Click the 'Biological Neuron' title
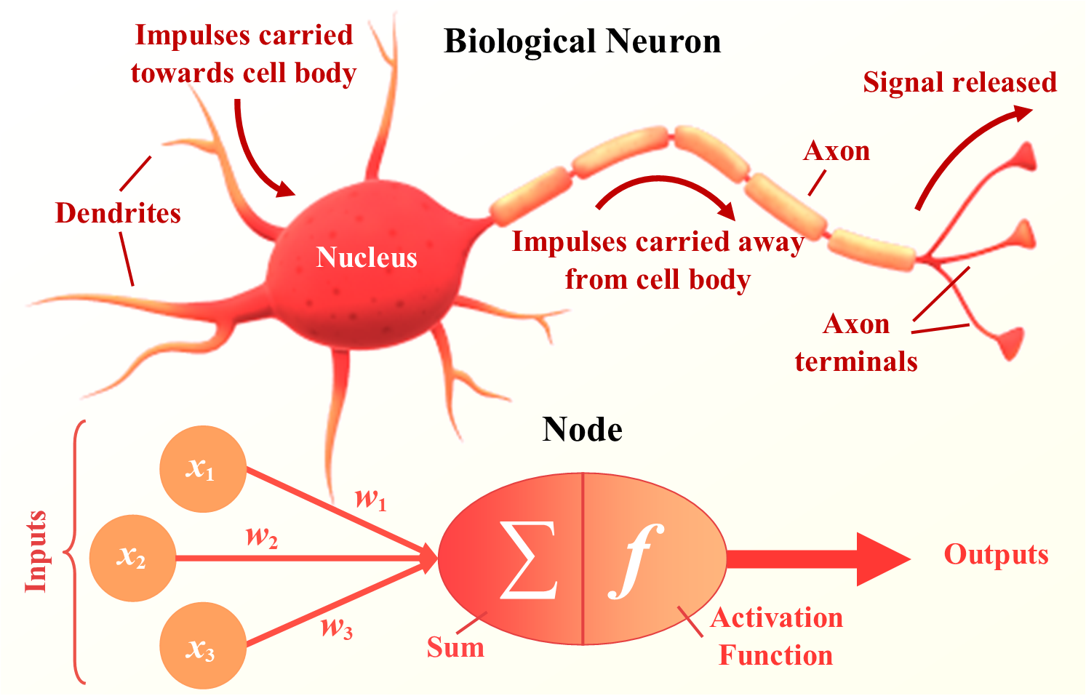(x=582, y=41)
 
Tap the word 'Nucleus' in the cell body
(x=367, y=257)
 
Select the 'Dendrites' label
(x=118, y=213)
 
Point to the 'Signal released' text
(x=959, y=82)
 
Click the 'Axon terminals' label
(x=856, y=343)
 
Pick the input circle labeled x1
(x=202, y=469)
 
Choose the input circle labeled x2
(x=132, y=559)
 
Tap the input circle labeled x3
(x=202, y=647)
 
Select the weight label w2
(x=262, y=537)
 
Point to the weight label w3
(x=337, y=626)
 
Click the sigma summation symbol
(x=529, y=559)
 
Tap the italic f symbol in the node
(x=635, y=561)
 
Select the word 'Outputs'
(x=996, y=554)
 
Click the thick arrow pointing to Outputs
(x=815, y=559)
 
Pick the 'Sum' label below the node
(x=455, y=647)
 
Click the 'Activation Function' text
(x=776, y=636)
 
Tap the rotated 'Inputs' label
(x=36, y=551)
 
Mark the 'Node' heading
(x=582, y=429)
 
